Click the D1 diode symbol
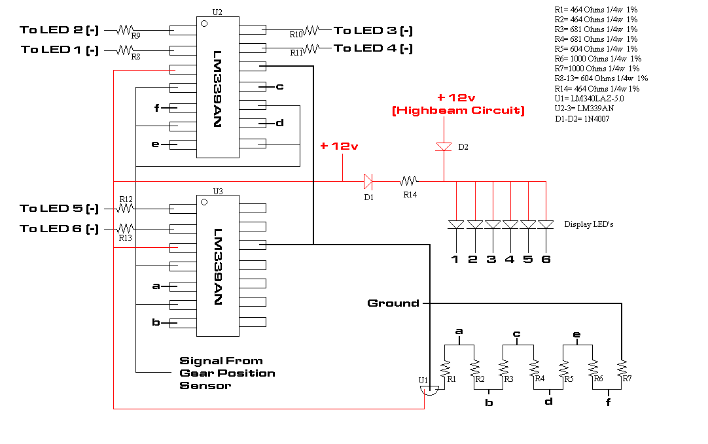(368, 182)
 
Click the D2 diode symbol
(444, 146)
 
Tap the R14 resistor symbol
(409, 181)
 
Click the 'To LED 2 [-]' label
(59, 30)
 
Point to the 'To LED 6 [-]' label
(59, 229)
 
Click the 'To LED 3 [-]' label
(374, 31)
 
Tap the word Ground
(393, 303)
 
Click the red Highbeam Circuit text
(458, 111)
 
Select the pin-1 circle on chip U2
(204, 24)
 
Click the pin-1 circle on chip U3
(204, 202)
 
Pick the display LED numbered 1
(456, 225)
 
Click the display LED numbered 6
(546, 225)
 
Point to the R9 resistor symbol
(124, 30)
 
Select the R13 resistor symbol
(125, 228)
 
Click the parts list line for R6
(598, 59)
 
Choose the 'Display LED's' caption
(589, 224)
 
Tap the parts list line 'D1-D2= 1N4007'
(582, 118)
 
